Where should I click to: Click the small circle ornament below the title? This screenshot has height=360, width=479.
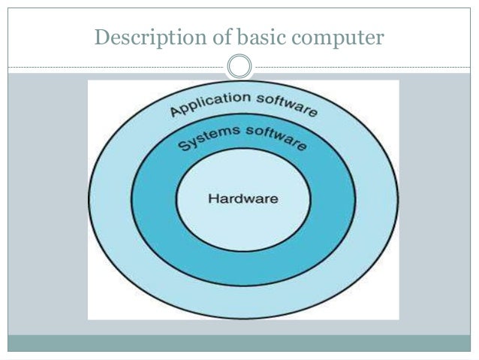(239, 66)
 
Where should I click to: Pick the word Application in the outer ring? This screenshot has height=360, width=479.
(211, 103)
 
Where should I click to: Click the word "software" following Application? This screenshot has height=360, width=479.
(287, 104)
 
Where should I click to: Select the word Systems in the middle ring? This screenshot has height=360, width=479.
(205, 138)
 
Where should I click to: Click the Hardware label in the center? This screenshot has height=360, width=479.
(242, 199)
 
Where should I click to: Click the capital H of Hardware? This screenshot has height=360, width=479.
(211, 199)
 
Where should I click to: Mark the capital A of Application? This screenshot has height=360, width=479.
(176, 112)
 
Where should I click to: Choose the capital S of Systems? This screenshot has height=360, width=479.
(183, 146)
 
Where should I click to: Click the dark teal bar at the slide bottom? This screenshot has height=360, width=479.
(239, 343)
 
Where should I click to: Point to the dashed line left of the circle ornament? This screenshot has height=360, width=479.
(113, 67)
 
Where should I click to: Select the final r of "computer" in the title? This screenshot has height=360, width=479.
(380, 37)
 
